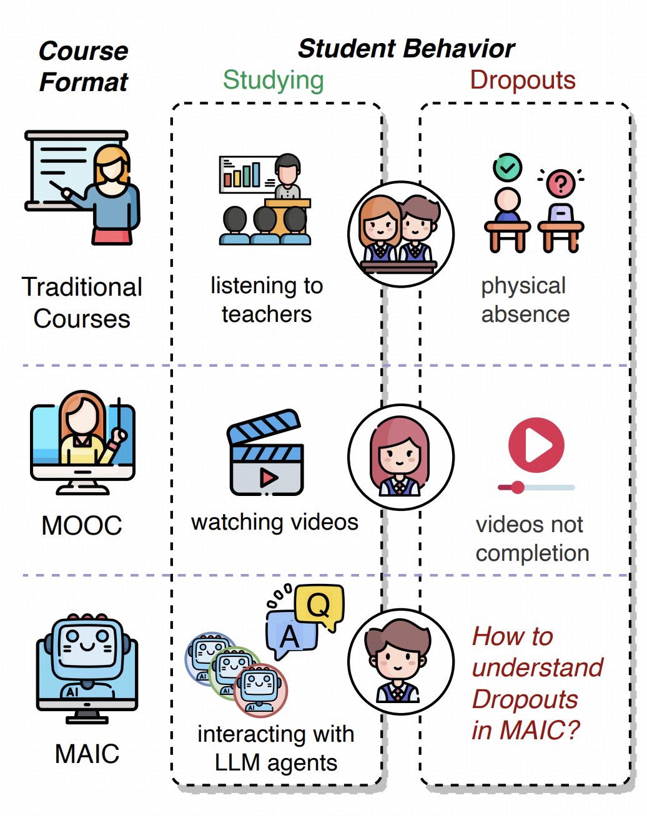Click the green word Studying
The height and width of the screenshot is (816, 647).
tap(274, 81)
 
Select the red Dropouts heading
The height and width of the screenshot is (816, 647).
tap(523, 80)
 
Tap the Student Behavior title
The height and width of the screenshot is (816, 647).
tap(406, 49)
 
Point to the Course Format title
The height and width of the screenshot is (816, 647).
tap(84, 66)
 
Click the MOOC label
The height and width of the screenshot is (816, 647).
tap(82, 525)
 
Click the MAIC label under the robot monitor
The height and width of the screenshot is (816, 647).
tap(87, 754)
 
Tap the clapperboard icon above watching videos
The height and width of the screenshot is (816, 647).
tap(265, 452)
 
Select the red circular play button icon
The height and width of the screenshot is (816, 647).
tap(536, 445)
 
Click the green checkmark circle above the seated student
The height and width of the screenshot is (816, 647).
tap(508, 168)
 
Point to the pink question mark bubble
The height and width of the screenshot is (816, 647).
tap(560, 183)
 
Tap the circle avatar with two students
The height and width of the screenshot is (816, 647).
tap(401, 235)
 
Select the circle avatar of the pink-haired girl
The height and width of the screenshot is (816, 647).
tap(401, 457)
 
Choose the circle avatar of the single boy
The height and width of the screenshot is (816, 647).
tap(401, 662)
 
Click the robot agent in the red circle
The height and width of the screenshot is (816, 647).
tap(260, 691)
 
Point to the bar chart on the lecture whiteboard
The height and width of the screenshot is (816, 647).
tap(242, 175)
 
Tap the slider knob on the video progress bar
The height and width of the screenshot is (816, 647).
tap(517, 487)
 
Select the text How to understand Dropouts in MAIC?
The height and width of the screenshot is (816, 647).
tap(537, 683)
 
